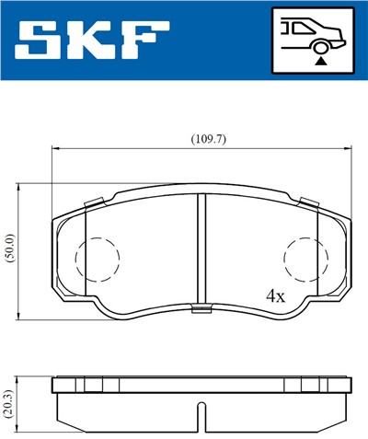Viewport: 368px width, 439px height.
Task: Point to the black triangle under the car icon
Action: coord(320,60)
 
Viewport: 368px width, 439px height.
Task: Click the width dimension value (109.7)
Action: coord(208,139)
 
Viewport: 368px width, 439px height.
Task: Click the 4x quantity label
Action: coord(275,296)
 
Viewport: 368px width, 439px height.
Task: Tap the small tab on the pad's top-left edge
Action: coord(92,202)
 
